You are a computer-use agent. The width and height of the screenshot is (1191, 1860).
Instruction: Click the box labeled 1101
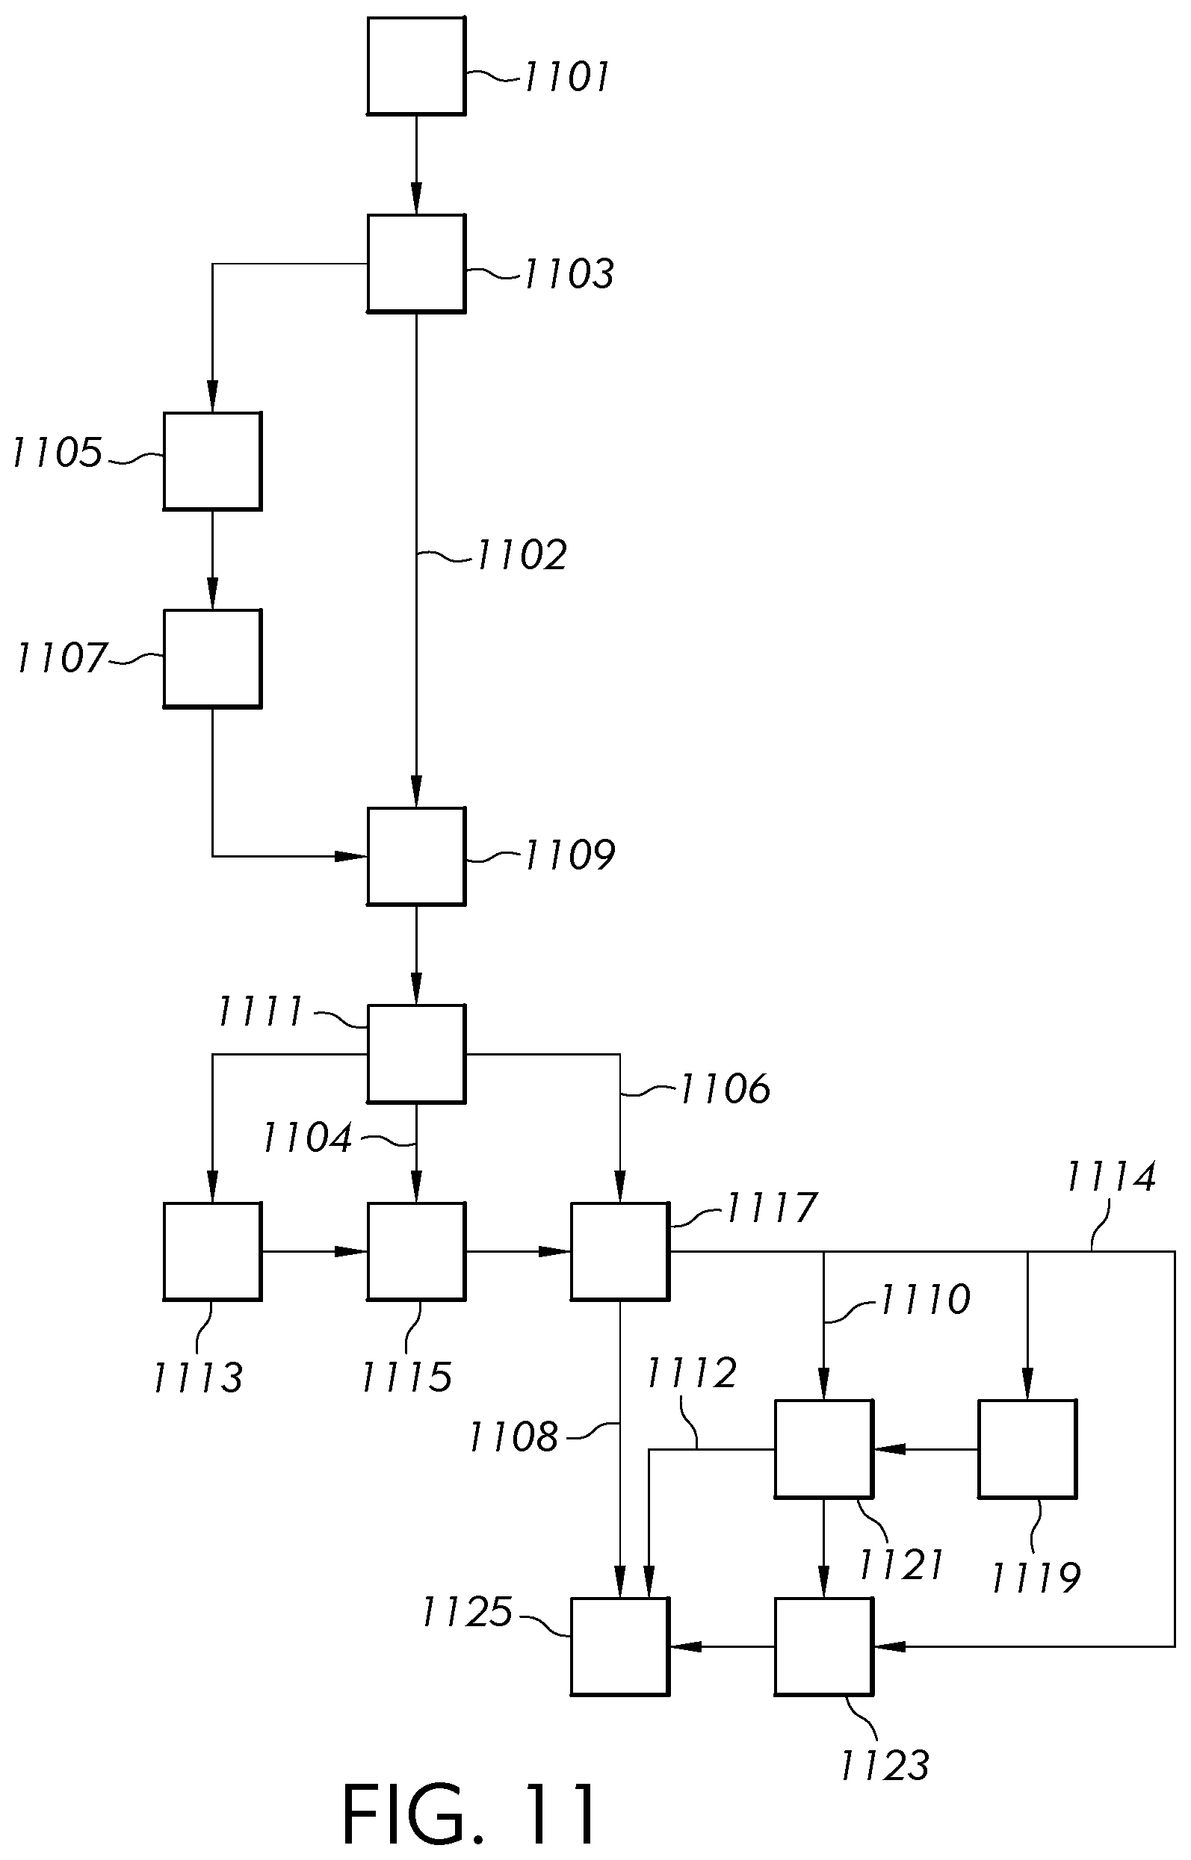(x=416, y=66)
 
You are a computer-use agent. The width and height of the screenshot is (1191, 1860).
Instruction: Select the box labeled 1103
(x=416, y=264)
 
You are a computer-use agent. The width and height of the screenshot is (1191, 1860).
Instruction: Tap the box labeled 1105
(x=213, y=461)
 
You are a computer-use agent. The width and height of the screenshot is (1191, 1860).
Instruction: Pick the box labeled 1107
(x=213, y=658)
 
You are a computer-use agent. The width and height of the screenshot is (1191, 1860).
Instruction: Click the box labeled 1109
(x=416, y=856)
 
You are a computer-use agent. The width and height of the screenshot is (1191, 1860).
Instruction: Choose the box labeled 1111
(x=416, y=1053)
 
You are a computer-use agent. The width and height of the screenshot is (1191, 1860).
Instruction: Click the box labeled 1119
(x=1027, y=1448)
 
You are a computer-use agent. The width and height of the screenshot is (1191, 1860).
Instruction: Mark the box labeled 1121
(x=823, y=1448)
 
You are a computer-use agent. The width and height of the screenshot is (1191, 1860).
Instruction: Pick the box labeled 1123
(x=823, y=1646)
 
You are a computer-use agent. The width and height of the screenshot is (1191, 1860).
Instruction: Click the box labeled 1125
(x=619, y=1646)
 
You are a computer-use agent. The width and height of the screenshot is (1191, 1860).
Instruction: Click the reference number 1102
(x=522, y=555)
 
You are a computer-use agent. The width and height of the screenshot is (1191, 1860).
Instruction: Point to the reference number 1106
(x=725, y=1088)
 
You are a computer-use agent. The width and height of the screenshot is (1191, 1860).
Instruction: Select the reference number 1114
(x=1111, y=1177)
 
